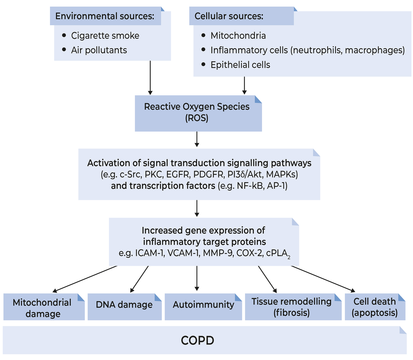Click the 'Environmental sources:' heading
click(105, 16)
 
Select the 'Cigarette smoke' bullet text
click(105, 36)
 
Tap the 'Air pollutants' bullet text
click(99, 50)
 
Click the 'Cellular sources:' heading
click(229, 16)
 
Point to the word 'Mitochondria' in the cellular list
click(238, 36)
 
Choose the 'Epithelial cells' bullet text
click(240, 65)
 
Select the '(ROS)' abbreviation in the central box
click(197, 118)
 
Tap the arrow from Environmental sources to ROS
click(150, 78)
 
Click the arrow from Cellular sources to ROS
click(244, 85)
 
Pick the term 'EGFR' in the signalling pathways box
click(178, 174)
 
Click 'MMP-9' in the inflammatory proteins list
click(218, 253)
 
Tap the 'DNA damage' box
click(125, 307)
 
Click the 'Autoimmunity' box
click(203, 307)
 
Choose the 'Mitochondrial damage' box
click(44, 307)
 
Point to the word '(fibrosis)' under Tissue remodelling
click(292, 313)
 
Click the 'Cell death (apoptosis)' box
click(375, 307)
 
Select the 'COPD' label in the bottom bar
click(198, 341)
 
